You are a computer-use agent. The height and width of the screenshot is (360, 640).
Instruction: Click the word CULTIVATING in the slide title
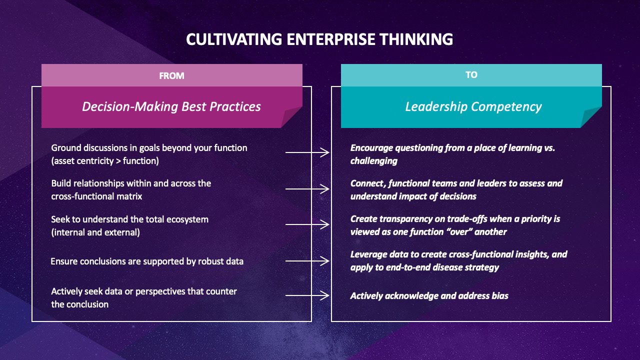[x=234, y=39]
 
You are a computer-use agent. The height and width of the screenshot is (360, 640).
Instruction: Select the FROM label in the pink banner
[x=171, y=75]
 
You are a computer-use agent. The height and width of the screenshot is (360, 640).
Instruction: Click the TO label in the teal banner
[x=471, y=75]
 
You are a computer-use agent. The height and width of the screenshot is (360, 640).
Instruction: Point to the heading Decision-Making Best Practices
[x=171, y=106]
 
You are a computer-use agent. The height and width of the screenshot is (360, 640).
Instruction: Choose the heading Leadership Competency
[x=473, y=106]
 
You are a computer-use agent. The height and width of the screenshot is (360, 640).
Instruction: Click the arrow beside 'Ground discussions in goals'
[x=307, y=152]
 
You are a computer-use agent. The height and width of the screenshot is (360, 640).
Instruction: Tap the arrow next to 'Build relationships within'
[x=307, y=189]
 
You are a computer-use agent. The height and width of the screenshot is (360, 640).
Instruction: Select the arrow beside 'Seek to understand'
[x=307, y=224]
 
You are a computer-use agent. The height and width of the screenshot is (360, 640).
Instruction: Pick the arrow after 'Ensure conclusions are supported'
[x=307, y=261]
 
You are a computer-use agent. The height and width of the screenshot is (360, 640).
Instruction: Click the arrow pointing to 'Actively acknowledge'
[x=307, y=295]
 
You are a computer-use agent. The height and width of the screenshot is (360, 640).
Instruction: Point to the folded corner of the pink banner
[x=291, y=117]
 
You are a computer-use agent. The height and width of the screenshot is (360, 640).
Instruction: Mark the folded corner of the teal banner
[x=591, y=117]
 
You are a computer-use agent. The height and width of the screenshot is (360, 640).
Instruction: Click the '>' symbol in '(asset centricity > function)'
[x=118, y=161]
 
